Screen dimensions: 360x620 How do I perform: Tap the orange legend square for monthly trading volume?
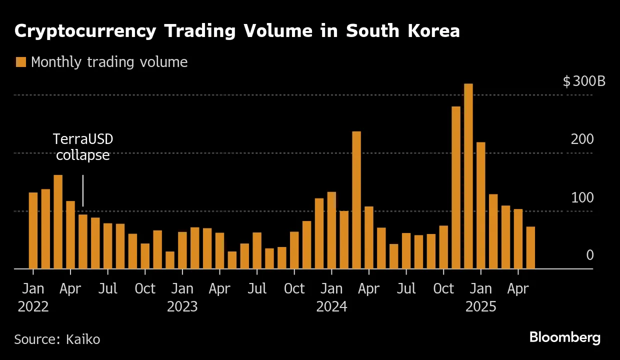coord(20,62)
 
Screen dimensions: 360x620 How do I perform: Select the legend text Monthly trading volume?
coord(109,62)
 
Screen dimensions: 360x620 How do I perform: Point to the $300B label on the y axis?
coord(583,81)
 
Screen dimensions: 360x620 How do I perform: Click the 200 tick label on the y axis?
coord(582,139)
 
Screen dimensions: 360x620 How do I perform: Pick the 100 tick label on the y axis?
coord(582,198)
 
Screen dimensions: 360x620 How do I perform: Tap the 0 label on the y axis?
coord(589,255)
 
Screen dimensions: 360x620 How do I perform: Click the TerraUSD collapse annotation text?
coord(83,147)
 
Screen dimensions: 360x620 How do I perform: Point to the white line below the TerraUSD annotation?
coord(83,190)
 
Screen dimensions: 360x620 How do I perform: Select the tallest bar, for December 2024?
coord(468,176)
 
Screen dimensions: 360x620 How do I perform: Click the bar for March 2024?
coord(356,200)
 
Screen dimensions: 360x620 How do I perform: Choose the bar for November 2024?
coord(455,187)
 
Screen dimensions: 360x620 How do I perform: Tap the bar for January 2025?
coord(480,205)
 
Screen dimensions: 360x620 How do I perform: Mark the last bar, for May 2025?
coord(530,247)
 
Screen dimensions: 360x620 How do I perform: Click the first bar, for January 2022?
coord(33,230)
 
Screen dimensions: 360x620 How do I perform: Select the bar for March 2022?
coord(58,222)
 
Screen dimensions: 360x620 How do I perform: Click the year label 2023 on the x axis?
coord(182,306)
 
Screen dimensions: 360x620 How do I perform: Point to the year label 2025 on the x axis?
coord(480,306)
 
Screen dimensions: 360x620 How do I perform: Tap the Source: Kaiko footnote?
coord(57,339)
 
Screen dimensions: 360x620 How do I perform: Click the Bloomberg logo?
coord(565,337)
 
